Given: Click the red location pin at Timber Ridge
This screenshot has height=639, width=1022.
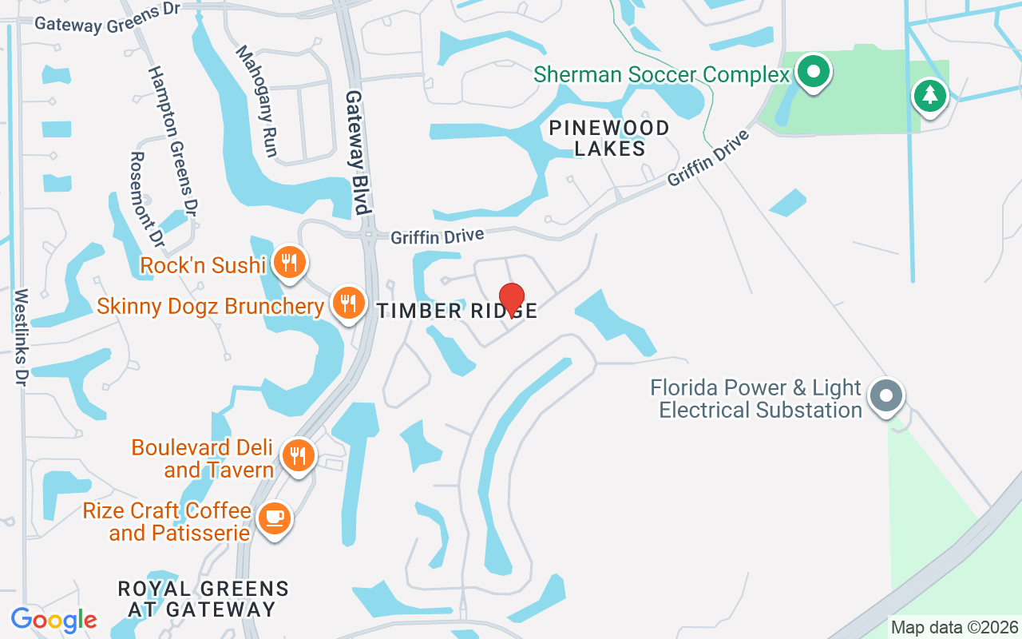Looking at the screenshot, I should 511,300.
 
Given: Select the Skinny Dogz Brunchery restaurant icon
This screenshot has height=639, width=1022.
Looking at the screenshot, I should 348,304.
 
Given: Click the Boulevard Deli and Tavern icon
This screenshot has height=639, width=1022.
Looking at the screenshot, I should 299,456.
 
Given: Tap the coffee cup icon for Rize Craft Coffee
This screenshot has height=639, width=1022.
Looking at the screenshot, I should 275,518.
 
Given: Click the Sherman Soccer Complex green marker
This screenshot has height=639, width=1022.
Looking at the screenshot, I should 813,72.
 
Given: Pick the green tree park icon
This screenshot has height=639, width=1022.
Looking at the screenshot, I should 929,96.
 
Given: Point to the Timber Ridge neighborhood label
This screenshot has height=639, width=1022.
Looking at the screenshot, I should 458,311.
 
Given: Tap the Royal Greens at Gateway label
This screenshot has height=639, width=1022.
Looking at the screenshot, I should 203,599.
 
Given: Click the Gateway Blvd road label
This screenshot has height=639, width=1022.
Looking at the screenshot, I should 358,152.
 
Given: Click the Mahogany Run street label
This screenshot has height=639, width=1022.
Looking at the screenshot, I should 256,101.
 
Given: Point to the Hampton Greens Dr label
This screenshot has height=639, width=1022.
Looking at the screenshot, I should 172,141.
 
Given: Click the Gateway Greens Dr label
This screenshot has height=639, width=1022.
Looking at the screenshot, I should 108,18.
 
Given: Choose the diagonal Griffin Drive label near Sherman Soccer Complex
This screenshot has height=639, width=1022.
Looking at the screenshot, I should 708,158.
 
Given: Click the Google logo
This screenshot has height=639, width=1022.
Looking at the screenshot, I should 53,620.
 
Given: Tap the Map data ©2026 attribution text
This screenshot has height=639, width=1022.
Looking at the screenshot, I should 955,627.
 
